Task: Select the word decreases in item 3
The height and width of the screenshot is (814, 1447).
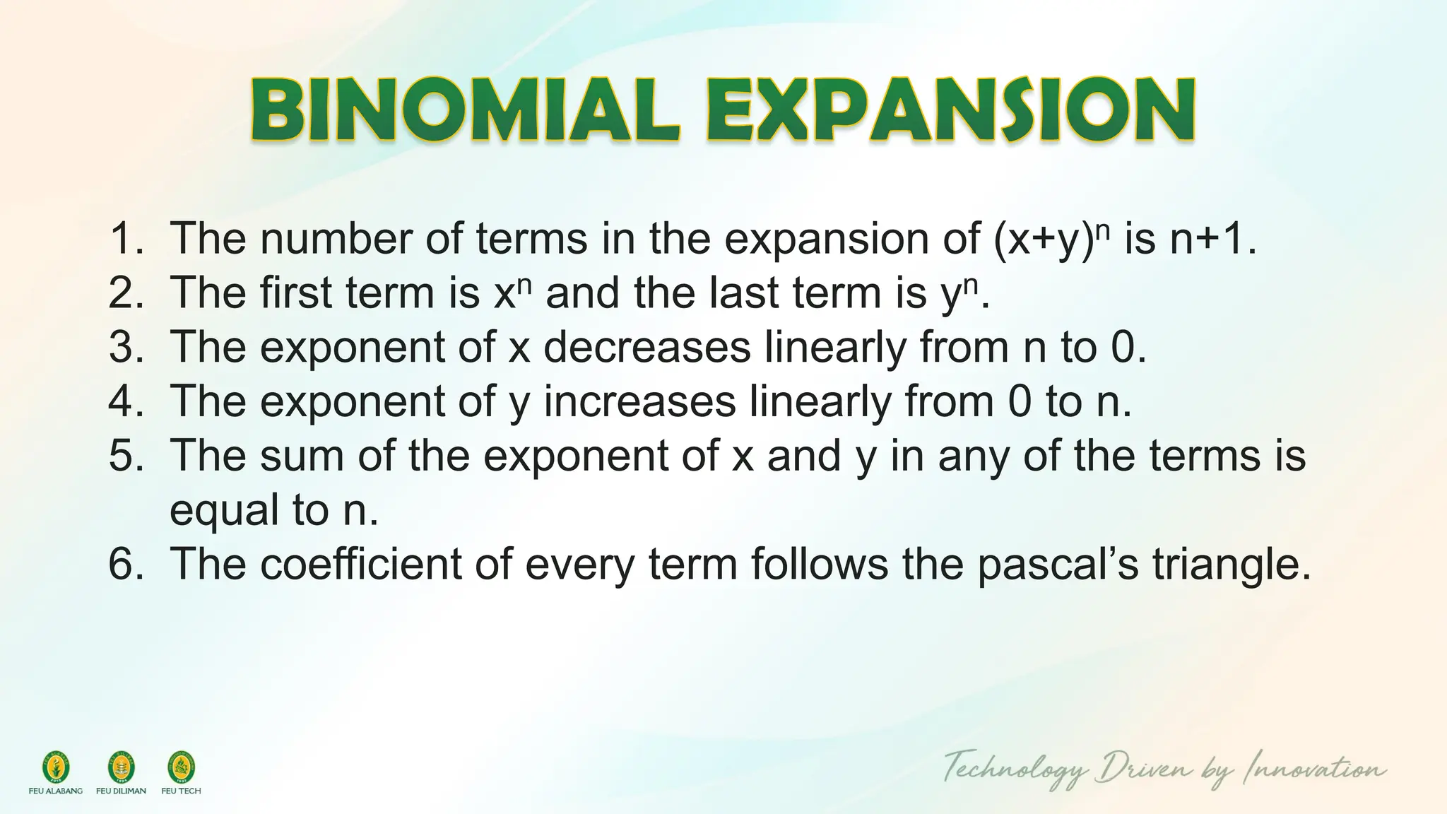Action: click(x=646, y=348)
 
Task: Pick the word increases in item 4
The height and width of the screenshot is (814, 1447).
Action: click(x=639, y=401)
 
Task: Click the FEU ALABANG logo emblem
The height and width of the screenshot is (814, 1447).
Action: click(x=56, y=767)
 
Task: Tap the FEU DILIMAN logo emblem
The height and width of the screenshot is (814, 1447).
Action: click(x=121, y=767)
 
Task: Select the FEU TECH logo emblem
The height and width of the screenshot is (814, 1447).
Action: click(x=181, y=767)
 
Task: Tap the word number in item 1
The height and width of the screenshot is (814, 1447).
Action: click(x=336, y=239)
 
